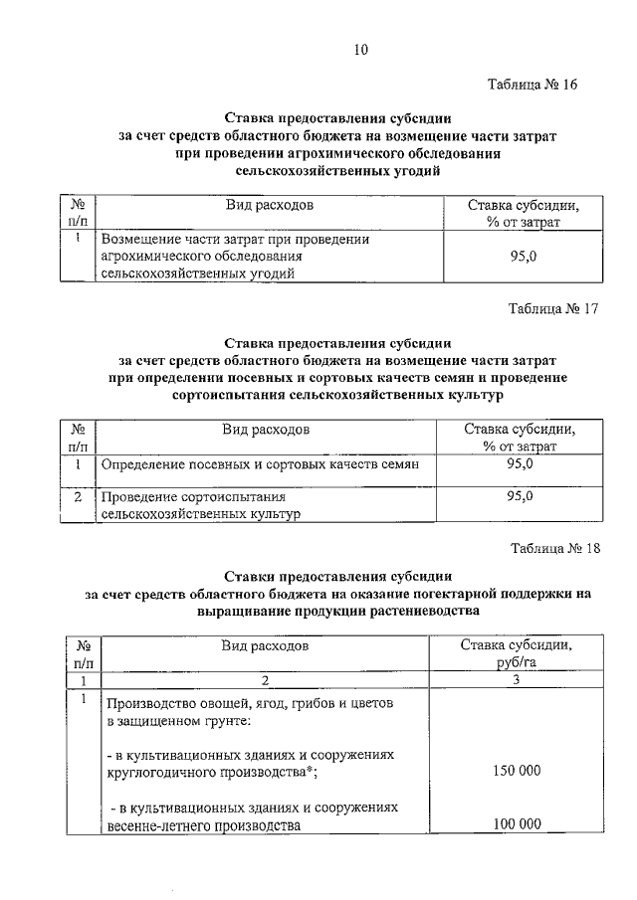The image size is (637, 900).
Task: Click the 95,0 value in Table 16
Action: (x=521, y=257)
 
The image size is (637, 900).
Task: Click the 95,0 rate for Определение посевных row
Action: (x=519, y=464)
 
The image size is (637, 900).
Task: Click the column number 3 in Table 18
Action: (x=517, y=680)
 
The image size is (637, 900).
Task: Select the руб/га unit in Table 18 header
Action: (x=517, y=662)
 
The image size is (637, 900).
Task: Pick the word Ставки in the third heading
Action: (x=251, y=576)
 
